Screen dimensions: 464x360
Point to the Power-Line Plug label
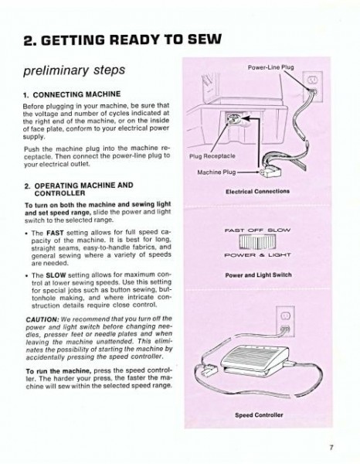click(270, 67)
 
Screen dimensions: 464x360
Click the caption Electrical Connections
click(257, 190)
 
